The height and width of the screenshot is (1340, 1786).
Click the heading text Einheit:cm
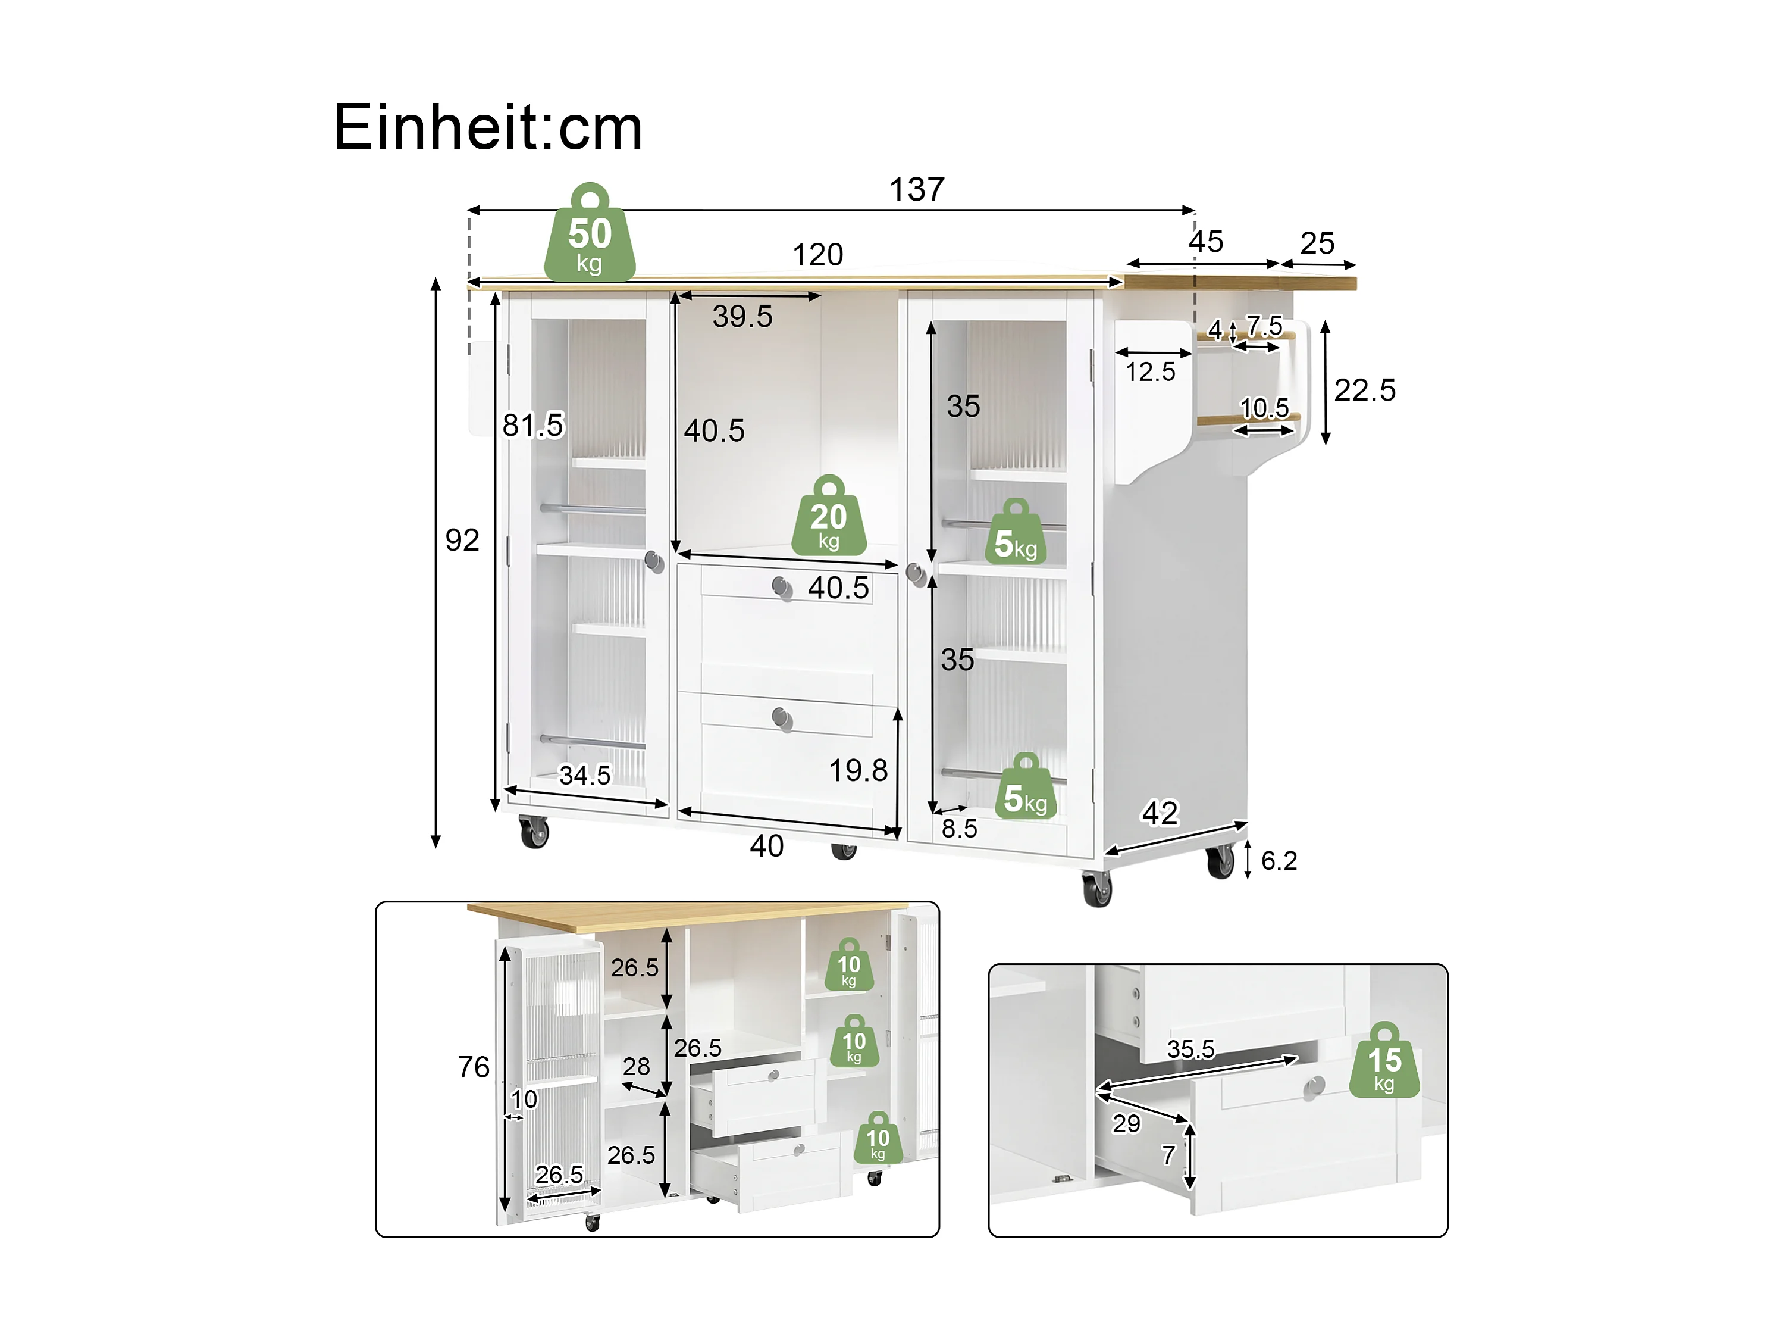[x=488, y=127]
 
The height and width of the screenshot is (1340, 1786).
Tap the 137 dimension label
[x=916, y=190]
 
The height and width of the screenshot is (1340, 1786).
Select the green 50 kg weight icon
[x=590, y=233]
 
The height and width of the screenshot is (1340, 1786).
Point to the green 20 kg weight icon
[x=828, y=516]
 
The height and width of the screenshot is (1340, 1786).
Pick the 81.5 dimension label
[x=533, y=425]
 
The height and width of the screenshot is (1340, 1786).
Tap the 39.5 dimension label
[x=742, y=317]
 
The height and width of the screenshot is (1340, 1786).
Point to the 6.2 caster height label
[x=1279, y=861]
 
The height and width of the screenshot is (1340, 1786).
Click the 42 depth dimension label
[x=1160, y=813]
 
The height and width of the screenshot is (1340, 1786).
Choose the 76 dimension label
[x=474, y=1067]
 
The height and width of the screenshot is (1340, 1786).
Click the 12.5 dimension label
[x=1151, y=373]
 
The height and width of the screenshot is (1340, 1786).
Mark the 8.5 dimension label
[x=959, y=829]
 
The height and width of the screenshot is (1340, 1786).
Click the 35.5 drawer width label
[x=1191, y=1049]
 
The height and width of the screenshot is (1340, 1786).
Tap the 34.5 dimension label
[x=585, y=776]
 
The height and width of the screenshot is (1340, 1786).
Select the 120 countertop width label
[x=818, y=255]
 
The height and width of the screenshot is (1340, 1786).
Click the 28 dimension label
[x=636, y=1066]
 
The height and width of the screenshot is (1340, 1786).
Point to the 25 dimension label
[x=1317, y=243]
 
